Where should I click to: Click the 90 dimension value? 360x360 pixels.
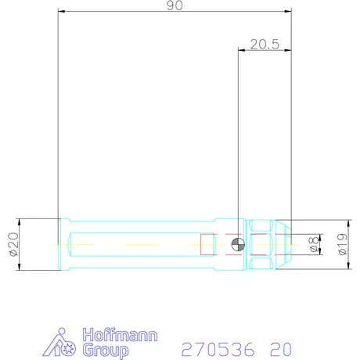174,6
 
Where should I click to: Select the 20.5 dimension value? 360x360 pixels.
265,45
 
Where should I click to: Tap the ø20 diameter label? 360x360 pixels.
13,245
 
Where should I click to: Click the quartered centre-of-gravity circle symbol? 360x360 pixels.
238,245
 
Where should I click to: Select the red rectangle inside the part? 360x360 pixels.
207,245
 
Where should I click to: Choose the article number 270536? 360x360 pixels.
216,349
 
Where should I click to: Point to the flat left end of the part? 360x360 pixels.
60,245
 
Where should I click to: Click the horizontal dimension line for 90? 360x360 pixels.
117,12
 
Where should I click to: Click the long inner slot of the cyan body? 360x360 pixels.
133,245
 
